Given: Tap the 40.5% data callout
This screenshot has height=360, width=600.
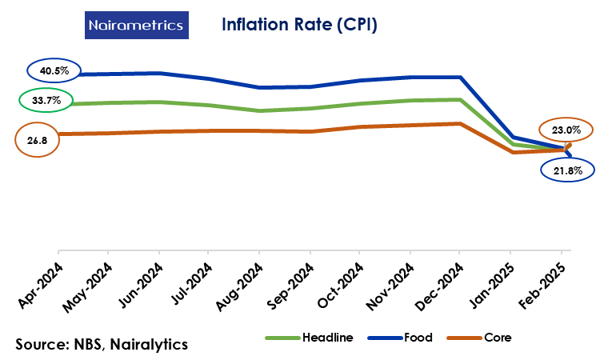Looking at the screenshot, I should tap(54, 71).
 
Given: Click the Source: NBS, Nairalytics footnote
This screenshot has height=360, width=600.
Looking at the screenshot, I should tap(102, 344).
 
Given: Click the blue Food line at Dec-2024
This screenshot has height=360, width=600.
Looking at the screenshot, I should tap(459, 78).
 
